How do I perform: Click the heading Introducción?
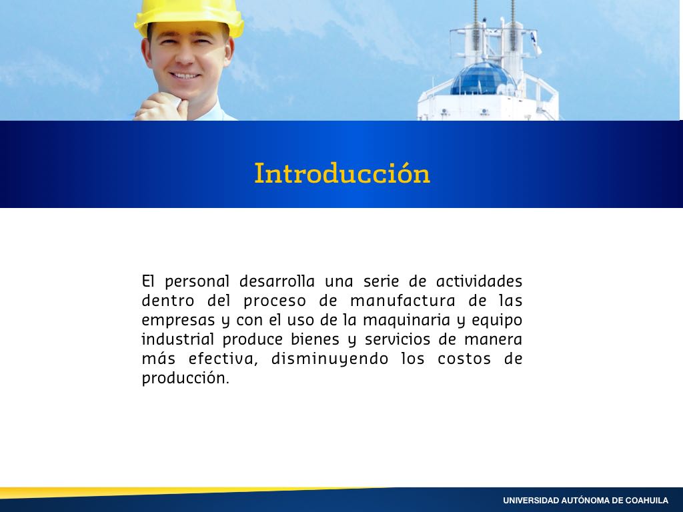[x=342, y=173]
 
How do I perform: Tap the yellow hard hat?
[x=189, y=17]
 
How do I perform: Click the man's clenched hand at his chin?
[x=161, y=107]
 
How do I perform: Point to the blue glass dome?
[x=483, y=79]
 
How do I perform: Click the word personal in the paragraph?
[x=197, y=282]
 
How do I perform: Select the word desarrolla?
[x=277, y=281]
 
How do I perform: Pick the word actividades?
[x=479, y=281]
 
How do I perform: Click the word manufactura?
[x=403, y=301]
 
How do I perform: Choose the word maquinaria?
[x=407, y=321]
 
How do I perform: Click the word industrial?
[x=177, y=339]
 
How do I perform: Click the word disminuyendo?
[x=329, y=359]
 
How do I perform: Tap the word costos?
[x=466, y=359]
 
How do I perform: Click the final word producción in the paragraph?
[x=185, y=378]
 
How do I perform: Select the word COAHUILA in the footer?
[x=646, y=501]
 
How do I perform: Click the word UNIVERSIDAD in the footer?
[x=530, y=501]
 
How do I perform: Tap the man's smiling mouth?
[x=185, y=76]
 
